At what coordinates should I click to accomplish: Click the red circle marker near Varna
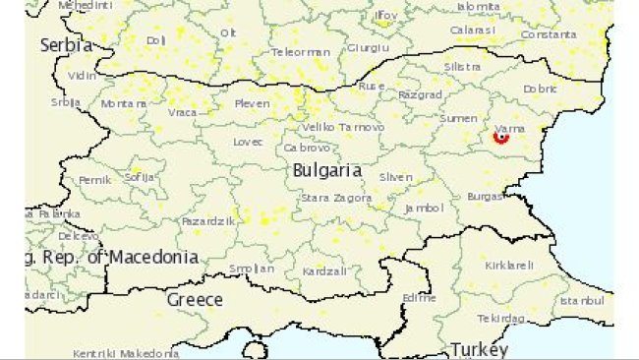click(501, 138)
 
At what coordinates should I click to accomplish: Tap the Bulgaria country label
click(327, 171)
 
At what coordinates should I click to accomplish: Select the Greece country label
click(194, 300)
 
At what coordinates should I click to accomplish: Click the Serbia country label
click(66, 45)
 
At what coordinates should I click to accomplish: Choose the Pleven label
click(252, 103)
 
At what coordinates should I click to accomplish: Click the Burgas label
click(486, 197)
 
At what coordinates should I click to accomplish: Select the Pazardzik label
click(208, 221)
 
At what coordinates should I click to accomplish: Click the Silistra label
click(462, 67)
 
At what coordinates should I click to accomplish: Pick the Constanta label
click(549, 35)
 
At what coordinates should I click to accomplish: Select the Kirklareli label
click(509, 266)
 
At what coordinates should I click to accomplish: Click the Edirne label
click(420, 296)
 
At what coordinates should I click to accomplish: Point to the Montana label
click(124, 103)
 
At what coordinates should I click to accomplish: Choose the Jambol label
click(425, 209)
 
